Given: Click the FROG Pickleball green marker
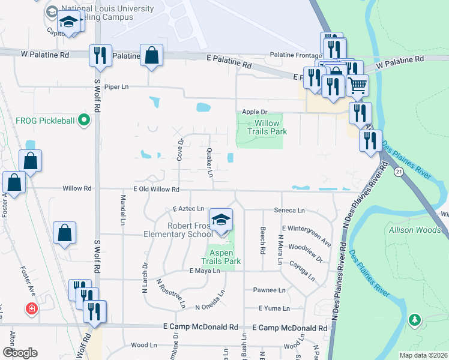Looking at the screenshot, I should [x=84, y=121].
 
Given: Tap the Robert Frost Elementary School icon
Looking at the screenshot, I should [x=221, y=220].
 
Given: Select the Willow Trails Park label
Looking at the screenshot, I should [x=268, y=127].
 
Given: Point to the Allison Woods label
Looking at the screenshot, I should [x=415, y=230].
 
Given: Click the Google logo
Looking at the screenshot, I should [x=20, y=352].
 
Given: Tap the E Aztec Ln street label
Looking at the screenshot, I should [x=188, y=209].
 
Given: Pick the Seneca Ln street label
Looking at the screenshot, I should [x=289, y=211].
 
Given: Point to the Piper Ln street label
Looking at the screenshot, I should [x=116, y=87].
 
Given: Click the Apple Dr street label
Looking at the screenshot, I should [x=255, y=112].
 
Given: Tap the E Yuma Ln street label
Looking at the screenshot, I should [x=274, y=308].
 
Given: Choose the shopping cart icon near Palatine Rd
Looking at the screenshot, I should [x=358, y=85].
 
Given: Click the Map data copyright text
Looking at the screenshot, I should [x=423, y=355].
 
